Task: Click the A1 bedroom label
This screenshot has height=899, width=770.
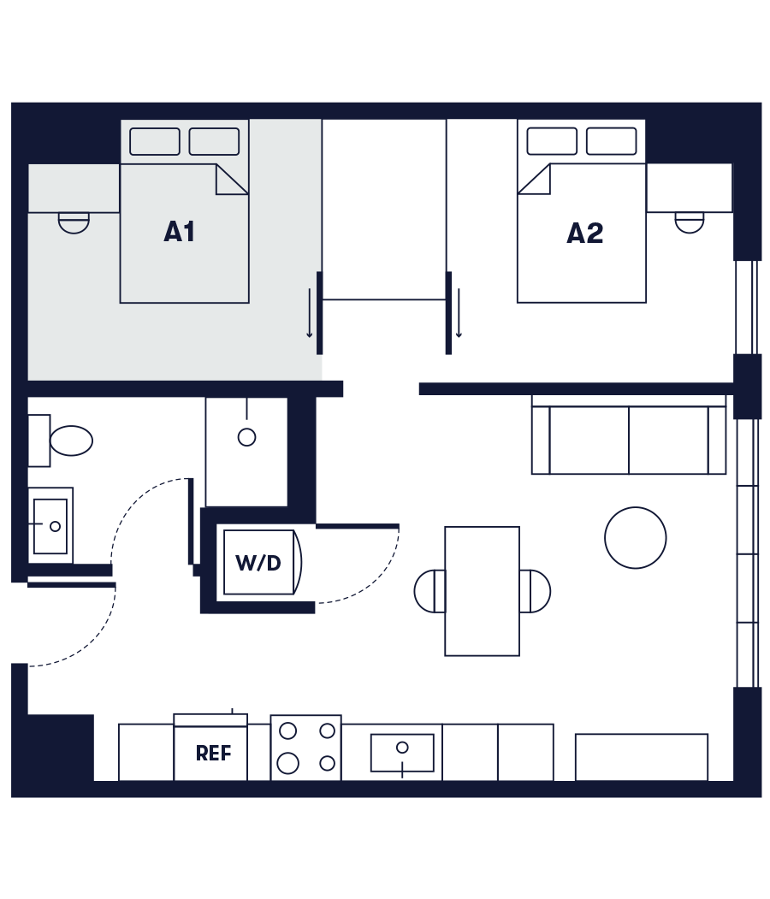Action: (x=180, y=232)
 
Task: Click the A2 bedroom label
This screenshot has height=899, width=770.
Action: (x=585, y=234)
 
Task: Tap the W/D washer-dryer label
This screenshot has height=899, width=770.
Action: (x=258, y=563)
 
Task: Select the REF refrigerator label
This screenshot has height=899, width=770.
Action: (x=213, y=754)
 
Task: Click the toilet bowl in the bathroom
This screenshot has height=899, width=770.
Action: (x=70, y=441)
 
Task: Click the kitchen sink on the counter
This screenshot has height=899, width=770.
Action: (x=402, y=753)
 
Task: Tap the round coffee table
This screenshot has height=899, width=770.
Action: (x=635, y=538)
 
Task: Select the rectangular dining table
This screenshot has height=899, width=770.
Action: (x=482, y=591)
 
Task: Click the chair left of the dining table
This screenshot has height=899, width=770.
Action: (x=429, y=591)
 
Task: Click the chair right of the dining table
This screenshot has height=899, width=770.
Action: (x=536, y=591)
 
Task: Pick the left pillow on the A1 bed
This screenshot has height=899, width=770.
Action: (x=155, y=141)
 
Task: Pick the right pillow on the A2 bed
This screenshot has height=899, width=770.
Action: (x=611, y=141)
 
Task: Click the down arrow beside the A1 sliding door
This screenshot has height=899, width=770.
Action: (x=310, y=313)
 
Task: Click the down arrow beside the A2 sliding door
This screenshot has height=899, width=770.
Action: (x=459, y=313)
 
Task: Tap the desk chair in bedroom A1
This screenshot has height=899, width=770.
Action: (x=74, y=222)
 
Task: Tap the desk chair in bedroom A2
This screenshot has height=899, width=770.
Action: (x=690, y=222)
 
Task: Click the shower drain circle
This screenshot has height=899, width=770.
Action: (x=246, y=437)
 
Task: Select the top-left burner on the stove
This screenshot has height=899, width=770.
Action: (x=288, y=730)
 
